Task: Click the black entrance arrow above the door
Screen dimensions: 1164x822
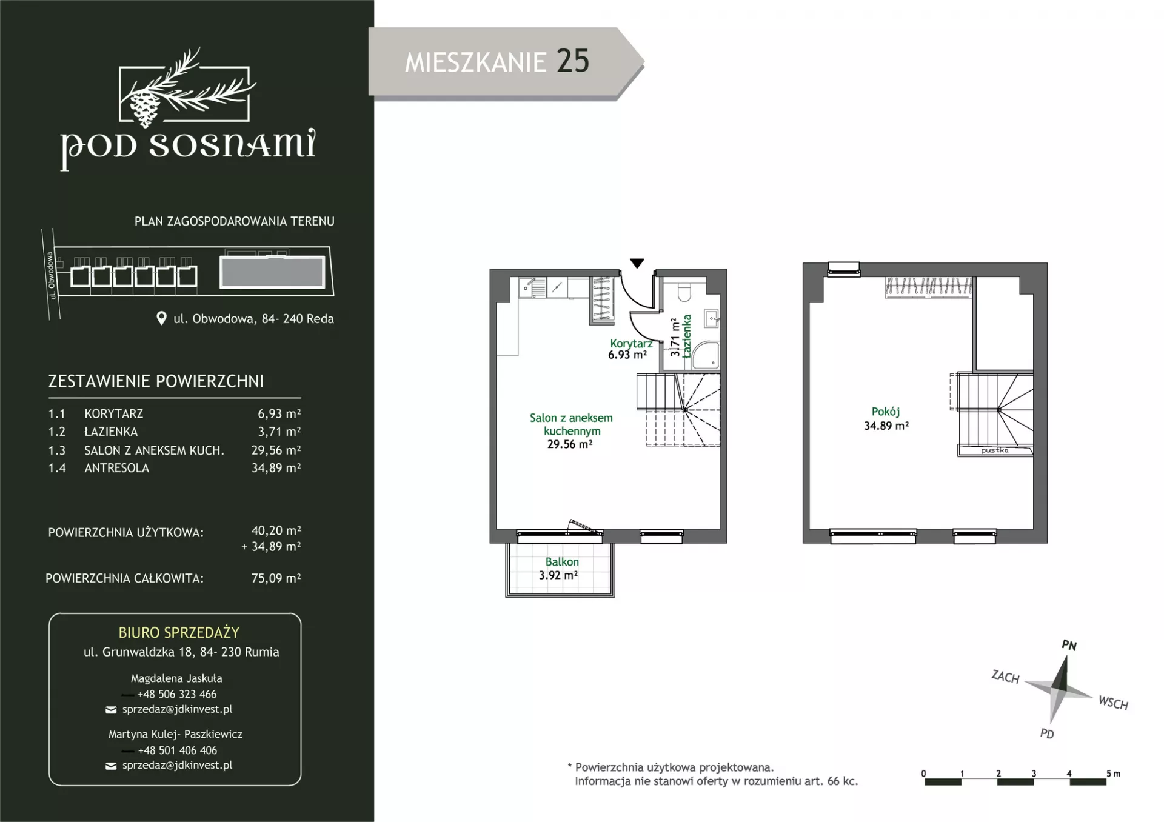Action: click(637, 263)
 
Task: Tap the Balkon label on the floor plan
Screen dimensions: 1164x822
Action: click(562, 562)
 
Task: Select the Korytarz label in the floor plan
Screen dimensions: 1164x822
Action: click(631, 343)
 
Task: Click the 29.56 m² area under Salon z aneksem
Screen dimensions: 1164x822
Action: click(569, 444)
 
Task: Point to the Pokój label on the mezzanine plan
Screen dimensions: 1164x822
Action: click(886, 412)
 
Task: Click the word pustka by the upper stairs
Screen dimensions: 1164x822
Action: click(995, 450)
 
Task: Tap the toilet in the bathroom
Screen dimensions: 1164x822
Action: click(684, 292)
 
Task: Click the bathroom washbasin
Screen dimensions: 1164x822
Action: click(711, 318)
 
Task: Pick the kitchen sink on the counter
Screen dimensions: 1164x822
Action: click(533, 287)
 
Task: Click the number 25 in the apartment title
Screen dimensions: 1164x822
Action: click(572, 61)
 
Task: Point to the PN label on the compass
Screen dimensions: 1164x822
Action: click(1069, 645)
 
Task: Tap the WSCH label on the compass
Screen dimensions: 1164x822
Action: click(1113, 703)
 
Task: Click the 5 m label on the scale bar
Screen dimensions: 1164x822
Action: click(1114, 774)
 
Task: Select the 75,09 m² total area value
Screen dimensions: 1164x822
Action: click(276, 578)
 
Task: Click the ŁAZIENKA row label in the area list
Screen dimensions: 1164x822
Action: click(111, 432)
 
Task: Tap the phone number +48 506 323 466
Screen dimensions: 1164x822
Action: click(177, 694)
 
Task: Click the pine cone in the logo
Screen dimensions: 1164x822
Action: click(144, 108)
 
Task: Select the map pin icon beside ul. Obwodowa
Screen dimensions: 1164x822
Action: click(161, 318)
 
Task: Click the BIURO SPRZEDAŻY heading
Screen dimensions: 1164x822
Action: click(179, 633)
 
